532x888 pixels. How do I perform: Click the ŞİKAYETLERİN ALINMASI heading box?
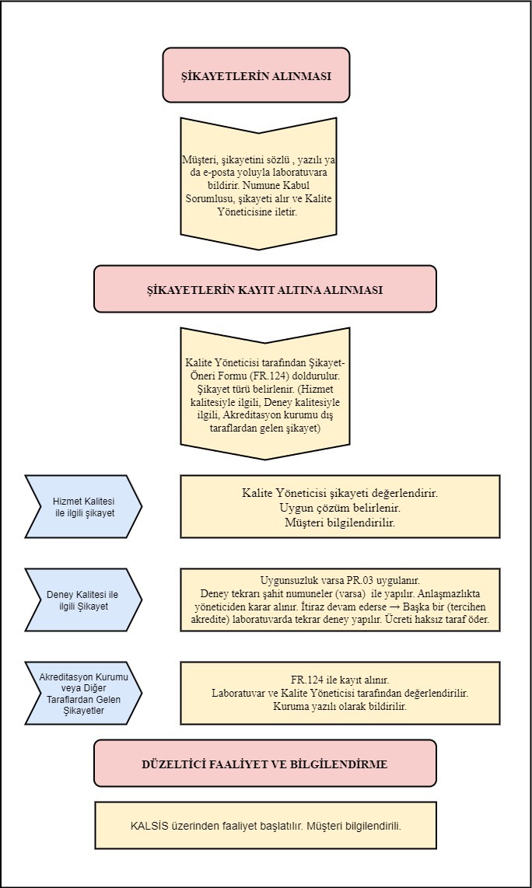tap(256, 75)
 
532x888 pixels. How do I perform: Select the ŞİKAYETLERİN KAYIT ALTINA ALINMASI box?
tap(265, 288)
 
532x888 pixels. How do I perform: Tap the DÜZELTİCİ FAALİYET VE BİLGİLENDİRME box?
tap(265, 763)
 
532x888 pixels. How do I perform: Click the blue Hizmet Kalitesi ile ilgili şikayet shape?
tap(83, 506)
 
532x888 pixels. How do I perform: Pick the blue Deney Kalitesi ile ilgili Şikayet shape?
tap(83, 600)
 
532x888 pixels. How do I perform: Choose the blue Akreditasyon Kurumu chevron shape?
tap(83, 693)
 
